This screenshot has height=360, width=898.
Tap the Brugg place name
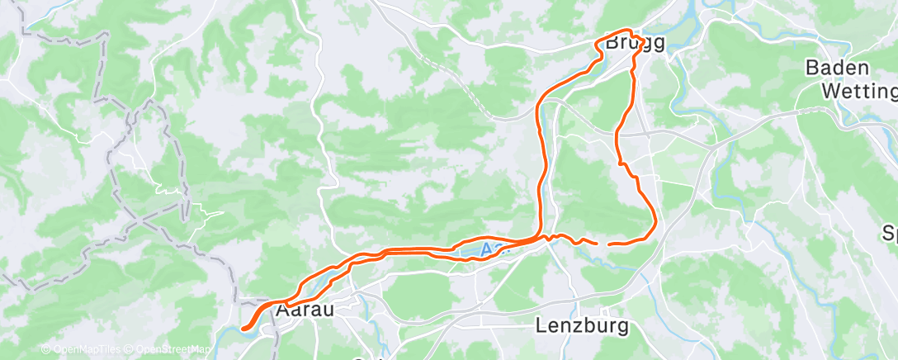(x=635, y=44)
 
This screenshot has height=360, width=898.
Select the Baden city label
(x=837, y=68)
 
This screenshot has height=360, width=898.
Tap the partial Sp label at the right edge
(x=890, y=234)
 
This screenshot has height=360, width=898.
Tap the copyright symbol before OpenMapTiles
(x=45, y=350)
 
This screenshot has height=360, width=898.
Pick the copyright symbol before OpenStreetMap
(x=129, y=350)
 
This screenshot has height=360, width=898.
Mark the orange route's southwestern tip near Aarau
(x=244, y=329)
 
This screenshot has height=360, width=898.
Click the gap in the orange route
(x=602, y=244)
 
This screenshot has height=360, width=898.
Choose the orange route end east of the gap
(x=609, y=244)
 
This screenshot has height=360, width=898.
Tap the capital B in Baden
(x=812, y=68)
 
